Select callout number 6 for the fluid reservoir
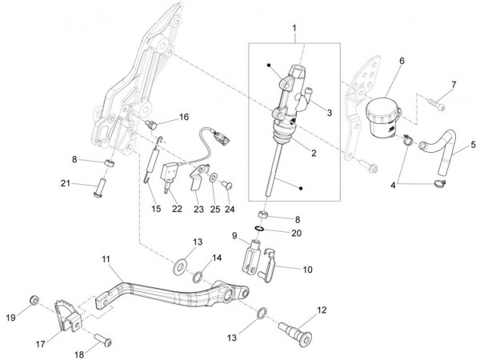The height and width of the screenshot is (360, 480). coord(402,61)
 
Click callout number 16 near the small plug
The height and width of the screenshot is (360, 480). coord(184,117)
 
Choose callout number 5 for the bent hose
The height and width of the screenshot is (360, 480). coord(473,145)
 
